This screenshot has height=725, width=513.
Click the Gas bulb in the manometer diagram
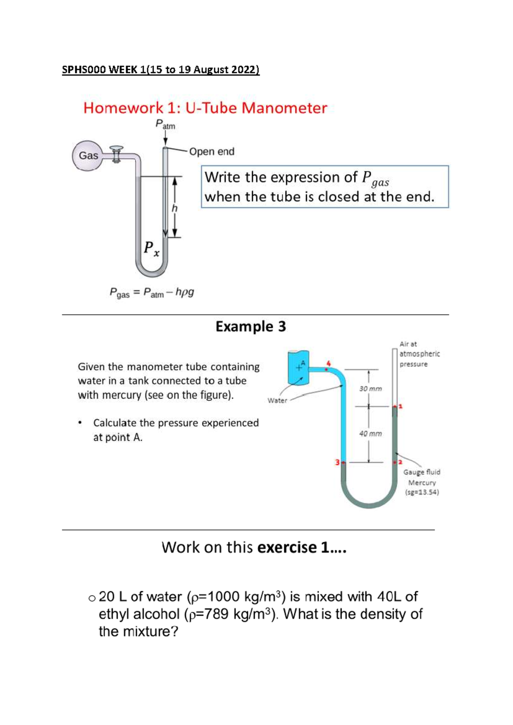point(88,156)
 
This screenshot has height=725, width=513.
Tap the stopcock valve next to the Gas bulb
point(116,154)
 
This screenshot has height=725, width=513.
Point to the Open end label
point(212,152)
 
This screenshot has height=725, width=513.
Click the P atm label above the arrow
point(165,124)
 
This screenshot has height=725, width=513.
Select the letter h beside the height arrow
point(174,209)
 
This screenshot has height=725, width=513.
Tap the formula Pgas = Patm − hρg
point(152,293)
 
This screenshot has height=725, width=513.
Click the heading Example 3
point(251,327)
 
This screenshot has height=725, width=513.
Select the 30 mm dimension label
point(370,389)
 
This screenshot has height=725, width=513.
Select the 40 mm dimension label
point(370,433)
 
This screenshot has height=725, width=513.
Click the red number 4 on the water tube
point(328,363)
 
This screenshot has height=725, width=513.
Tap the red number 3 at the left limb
point(337,462)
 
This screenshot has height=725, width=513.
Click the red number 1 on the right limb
point(401,406)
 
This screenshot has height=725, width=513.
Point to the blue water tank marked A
point(298,367)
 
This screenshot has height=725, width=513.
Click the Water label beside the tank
point(277,401)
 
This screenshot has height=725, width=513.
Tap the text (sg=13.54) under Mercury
point(422,492)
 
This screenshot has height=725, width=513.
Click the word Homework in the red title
point(123,108)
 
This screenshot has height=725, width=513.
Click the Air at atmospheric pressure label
point(419,354)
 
